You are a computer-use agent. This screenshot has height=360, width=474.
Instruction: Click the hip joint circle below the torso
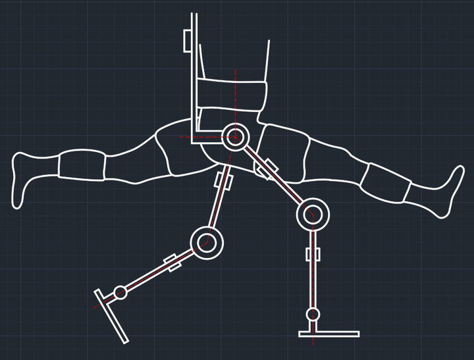[x=234, y=138]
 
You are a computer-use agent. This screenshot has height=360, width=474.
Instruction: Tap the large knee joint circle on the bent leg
[x=207, y=242]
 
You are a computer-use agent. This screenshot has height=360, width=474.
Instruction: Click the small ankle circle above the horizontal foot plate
[x=313, y=314]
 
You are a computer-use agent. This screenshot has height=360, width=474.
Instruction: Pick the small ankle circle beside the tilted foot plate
[x=120, y=292]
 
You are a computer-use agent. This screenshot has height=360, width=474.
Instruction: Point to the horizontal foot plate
[x=329, y=333]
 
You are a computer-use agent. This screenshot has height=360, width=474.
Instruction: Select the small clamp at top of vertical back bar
[x=187, y=39]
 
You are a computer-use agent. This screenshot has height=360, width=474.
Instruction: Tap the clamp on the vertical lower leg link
[x=313, y=254]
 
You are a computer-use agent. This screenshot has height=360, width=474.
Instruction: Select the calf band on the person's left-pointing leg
[x=82, y=165]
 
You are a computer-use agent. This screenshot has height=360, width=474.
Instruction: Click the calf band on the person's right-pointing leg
[x=386, y=182]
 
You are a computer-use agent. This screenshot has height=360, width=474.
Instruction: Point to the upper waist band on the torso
[x=234, y=91]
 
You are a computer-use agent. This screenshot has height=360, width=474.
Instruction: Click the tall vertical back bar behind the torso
[x=194, y=72]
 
